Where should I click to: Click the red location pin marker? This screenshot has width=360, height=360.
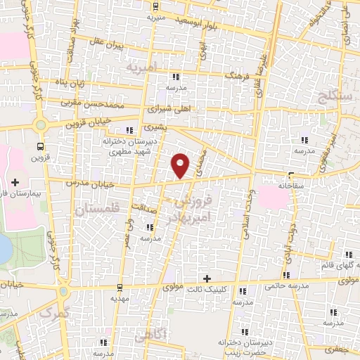point(181,165)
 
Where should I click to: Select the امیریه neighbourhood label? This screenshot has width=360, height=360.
point(143,68)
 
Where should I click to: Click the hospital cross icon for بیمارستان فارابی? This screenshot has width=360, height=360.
point(15,183)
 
